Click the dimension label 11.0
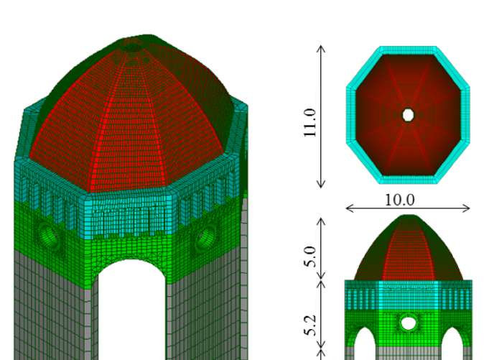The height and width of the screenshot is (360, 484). [310, 123]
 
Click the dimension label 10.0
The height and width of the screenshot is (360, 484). [400, 200]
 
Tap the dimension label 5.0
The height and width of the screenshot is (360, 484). [310, 257]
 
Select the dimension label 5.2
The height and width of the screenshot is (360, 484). [310, 325]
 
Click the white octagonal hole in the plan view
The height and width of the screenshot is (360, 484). [408, 115]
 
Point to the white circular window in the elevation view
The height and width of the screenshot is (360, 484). [409, 323]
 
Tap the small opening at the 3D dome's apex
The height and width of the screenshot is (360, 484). [133, 46]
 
